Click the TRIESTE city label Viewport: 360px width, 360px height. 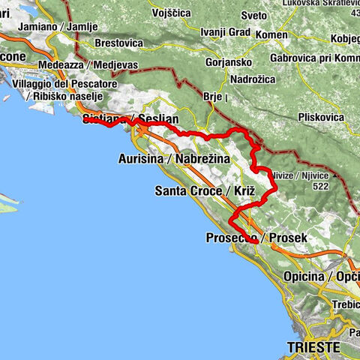tap(313, 347)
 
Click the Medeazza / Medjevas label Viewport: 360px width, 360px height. tap(93, 65)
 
